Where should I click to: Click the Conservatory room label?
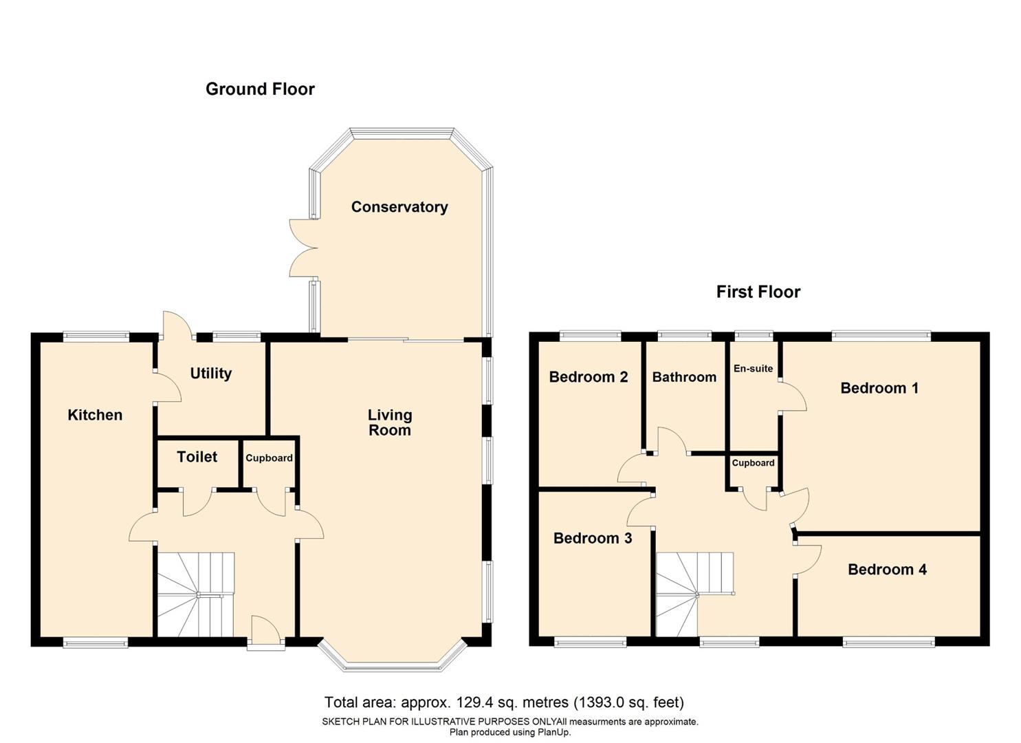[x=399, y=207]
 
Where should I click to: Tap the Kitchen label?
[x=95, y=415]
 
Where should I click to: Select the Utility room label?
[x=210, y=374]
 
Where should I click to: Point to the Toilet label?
[x=197, y=457]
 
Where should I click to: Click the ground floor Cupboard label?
[x=269, y=458]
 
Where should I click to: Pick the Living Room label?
[x=389, y=422]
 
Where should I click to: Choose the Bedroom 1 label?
[x=879, y=388]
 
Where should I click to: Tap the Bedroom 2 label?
[x=588, y=377]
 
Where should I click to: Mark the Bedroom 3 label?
[x=592, y=538]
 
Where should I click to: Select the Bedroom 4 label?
[x=887, y=570]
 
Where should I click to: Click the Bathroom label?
[x=684, y=377]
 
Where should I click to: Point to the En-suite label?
[x=753, y=369]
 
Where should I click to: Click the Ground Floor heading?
[x=260, y=89]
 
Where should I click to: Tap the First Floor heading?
[x=758, y=292]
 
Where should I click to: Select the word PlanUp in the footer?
[x=554, y=732]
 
